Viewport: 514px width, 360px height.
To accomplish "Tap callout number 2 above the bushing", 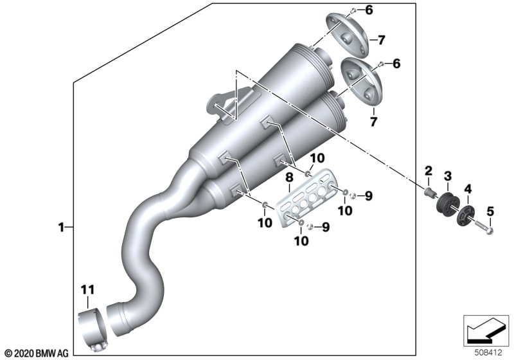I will point(427,171).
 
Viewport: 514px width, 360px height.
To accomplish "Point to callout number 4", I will point(468,189).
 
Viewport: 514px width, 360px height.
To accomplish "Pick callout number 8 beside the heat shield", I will point(289,175).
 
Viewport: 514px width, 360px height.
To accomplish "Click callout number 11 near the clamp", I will point(87,289).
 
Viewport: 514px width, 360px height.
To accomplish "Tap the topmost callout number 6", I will point(387,10).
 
